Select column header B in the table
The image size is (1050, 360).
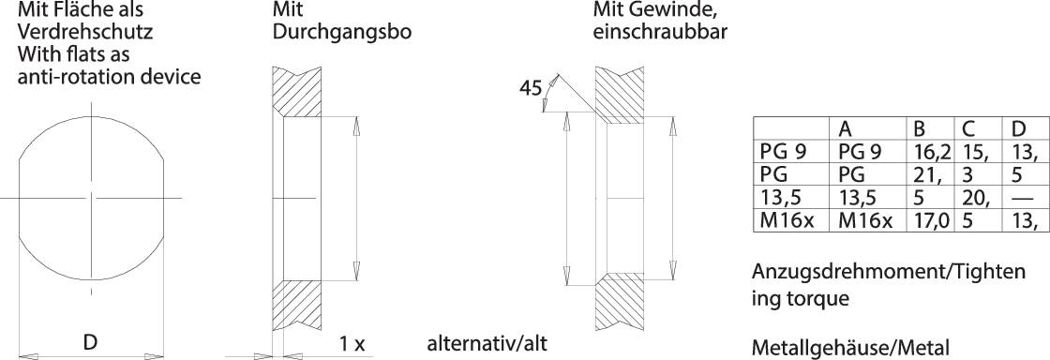click(919, 129)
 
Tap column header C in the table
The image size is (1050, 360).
click(966, 129)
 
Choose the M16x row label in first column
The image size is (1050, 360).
click(785, 221)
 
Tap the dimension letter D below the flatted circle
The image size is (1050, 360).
click(90, 342)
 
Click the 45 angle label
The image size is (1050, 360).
click(530, 89)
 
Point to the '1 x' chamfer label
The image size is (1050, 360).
click(352, 343)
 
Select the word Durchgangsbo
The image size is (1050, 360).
click(342, 32)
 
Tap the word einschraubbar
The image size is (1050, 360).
click(661, 32)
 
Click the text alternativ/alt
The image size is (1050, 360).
click(487, 342)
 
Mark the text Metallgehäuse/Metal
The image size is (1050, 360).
click(850, 347)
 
